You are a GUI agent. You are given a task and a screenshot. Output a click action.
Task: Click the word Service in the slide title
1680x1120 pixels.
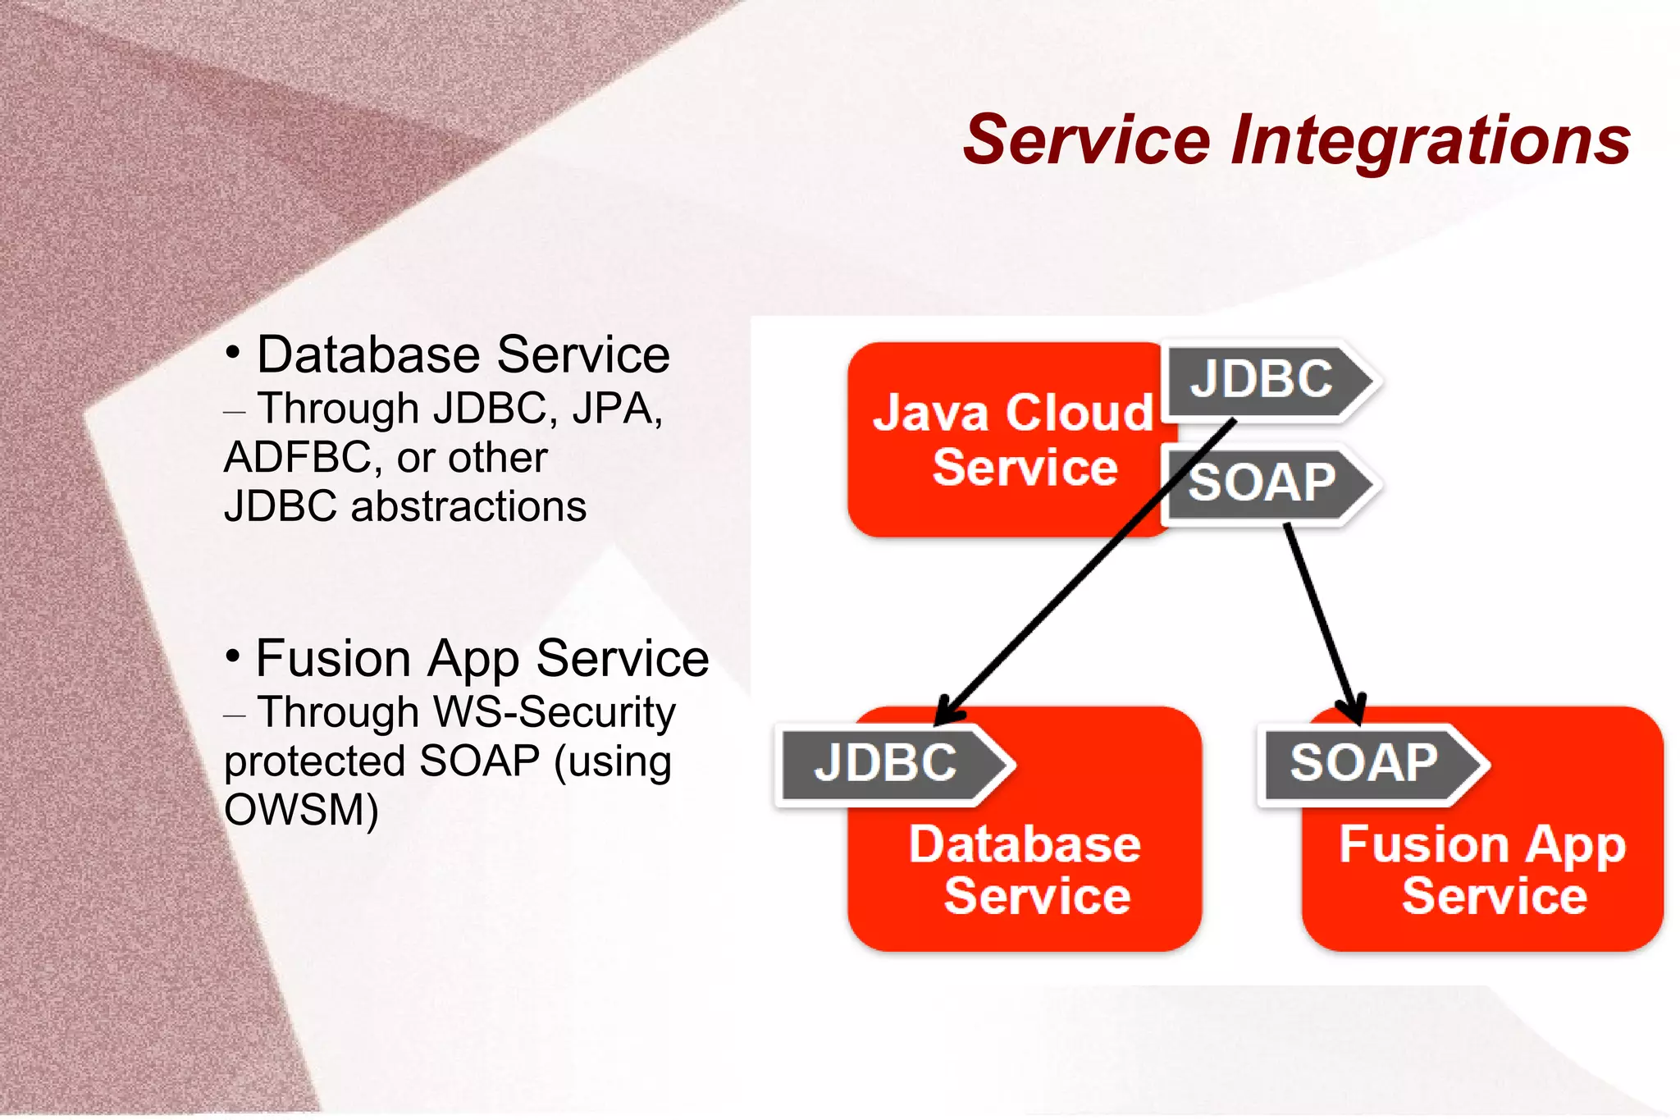coord(1086,139)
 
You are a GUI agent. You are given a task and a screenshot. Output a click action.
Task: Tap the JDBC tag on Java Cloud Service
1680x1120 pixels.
coord(1261,379)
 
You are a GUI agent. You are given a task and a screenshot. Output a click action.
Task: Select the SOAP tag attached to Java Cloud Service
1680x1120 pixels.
coord(1261,482)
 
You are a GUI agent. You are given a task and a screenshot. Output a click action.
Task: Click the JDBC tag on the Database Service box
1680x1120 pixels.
coord(885,763)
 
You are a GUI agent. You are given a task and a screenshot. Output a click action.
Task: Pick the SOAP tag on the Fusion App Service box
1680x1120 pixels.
coord(1363,763)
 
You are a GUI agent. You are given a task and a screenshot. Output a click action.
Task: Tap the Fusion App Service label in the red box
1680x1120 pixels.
coord(1483,870)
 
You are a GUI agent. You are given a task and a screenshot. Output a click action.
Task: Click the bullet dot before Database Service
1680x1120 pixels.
coord(233,353)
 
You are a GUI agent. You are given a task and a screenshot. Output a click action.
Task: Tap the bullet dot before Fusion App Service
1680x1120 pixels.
coord(233,656)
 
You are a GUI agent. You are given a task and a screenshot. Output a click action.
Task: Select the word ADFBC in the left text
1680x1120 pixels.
coord(297,458)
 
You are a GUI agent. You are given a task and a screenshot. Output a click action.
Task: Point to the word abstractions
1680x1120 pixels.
coord(468,506)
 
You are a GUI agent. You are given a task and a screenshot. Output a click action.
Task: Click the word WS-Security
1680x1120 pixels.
coord(554,712)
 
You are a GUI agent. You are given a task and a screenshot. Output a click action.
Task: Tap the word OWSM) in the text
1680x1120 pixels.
coord(301,811)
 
